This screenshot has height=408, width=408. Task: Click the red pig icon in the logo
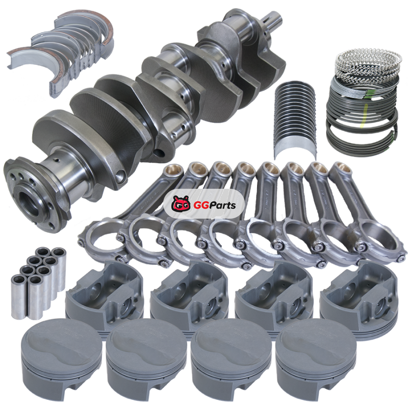(x=181, y=203)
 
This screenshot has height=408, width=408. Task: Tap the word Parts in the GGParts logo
(x=222, y=206)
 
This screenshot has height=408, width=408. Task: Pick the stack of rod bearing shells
(x=295, y=120)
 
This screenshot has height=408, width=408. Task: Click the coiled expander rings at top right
(x=368, y=64)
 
